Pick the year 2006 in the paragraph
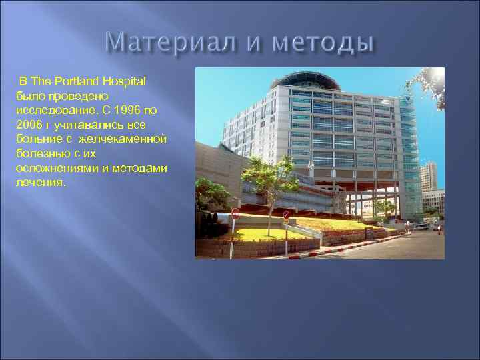point(30,124)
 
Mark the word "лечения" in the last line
point(40,182)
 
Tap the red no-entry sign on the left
point(235,213)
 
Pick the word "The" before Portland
point(41,81)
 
